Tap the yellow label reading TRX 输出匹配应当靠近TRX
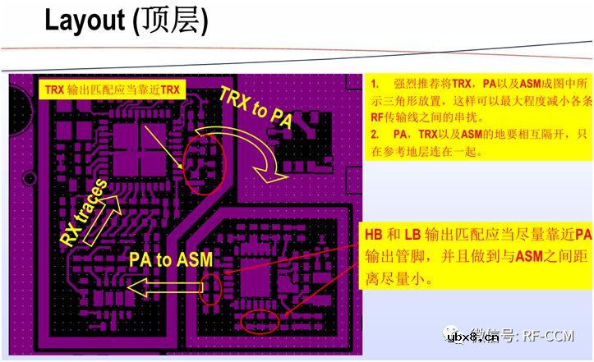tap(112, 89)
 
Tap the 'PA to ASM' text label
tap(170, 260)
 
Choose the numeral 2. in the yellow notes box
tap(375, 133)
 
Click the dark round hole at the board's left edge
tap(28, 176)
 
